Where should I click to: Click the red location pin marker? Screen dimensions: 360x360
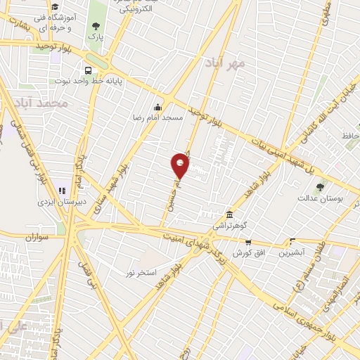(x=181, y=165)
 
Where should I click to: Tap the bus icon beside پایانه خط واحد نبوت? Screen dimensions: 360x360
(x=88, y=70)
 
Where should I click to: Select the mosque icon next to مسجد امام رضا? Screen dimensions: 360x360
(x=156, y=108)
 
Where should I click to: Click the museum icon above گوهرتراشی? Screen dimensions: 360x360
(x=229, y=214)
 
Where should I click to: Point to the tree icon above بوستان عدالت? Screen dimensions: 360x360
(x=321, y=188)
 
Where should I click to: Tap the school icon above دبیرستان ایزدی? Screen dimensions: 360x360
(x=62, y=190)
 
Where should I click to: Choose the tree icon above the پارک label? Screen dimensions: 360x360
(x=95, y=27)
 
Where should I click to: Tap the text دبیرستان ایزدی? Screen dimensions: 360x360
(x=61, y=201)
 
